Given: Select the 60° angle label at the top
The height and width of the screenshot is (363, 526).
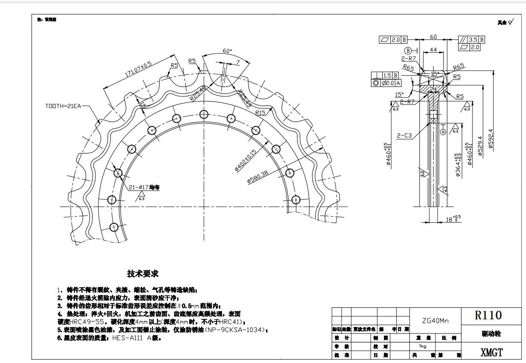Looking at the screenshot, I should [x=227, y=51].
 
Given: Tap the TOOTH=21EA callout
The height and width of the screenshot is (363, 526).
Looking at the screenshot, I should [x=64, y=105].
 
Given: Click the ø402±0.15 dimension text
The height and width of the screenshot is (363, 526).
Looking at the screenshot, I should [x=245, y=161].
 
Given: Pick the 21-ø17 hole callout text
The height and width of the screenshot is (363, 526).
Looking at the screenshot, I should [x=144, y=187].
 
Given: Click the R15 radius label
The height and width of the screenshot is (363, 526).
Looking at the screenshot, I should [x=260, y=113].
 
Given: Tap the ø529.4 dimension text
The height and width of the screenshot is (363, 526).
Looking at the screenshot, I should [x=480, y=146].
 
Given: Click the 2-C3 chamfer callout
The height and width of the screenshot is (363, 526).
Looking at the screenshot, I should [x=404, y=136].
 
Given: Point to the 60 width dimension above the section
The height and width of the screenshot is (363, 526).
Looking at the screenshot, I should [x=433, y=37].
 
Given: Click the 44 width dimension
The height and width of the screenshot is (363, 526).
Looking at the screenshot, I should [x=433, y=50].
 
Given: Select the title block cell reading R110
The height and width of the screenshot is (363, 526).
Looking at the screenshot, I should [x=488, y=315].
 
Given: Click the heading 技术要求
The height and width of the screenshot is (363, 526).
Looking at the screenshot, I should [x=143, y=274].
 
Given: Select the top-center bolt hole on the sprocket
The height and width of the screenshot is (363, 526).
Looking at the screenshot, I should [x=203, y=114].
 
